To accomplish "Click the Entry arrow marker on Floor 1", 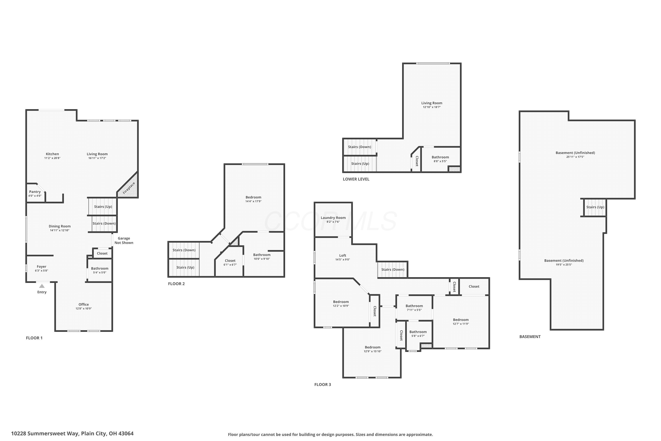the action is coord(42,286).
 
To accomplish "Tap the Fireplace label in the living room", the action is coord(129,188).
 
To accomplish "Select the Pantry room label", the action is coord(35,192).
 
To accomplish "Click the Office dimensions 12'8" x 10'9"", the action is coord(84,308).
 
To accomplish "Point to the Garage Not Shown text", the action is coord(124,241).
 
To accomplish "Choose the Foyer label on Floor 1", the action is coord(42,267).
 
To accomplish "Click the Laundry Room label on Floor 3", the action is coord(333,218).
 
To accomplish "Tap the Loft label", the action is coord(343,255).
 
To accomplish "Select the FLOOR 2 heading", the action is coord(176,284).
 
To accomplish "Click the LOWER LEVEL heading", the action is coord(356,179).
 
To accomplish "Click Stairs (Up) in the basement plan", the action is coord(595,207).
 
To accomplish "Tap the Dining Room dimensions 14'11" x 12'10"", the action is coord(59,230).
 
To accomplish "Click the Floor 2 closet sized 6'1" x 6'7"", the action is coord(230,262).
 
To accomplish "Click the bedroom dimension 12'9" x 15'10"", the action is coord(373,351).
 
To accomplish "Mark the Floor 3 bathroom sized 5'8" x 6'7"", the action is coord(418,334).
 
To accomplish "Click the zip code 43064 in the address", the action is coord(126,434).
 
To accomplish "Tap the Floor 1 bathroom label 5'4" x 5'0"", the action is coord(100,270).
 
